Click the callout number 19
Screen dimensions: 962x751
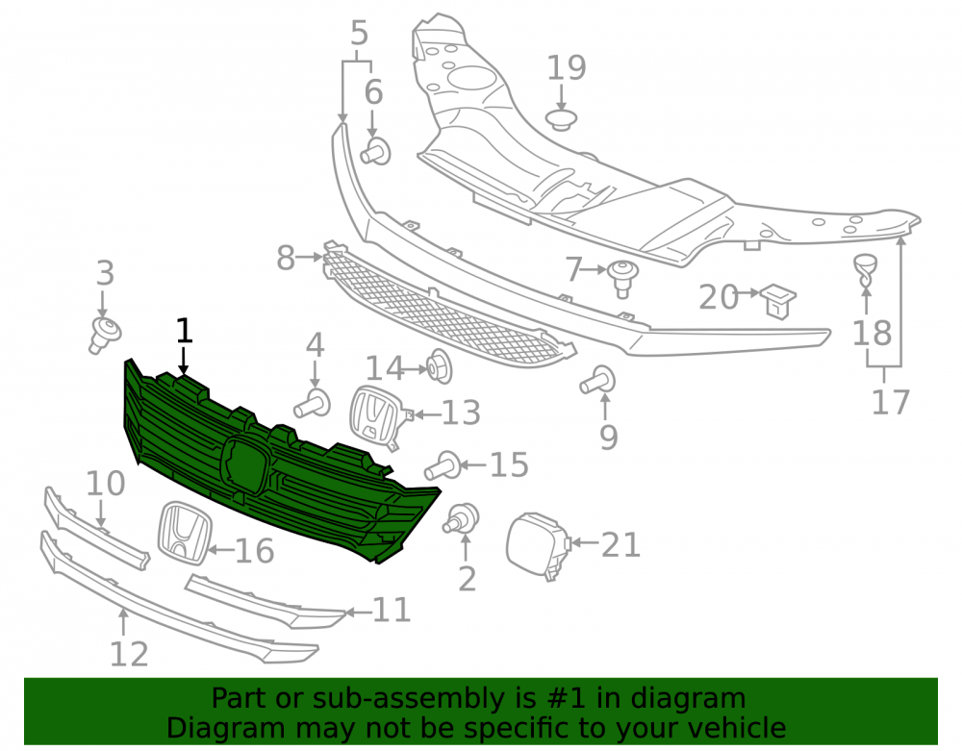[567, 67]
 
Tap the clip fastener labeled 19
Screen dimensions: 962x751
[561, 119]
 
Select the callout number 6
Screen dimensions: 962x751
[373, 92]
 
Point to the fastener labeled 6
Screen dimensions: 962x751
[375, 151]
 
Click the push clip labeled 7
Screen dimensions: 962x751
[622, 278]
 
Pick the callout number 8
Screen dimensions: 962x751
[286, 258]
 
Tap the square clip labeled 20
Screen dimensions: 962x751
[778, 301]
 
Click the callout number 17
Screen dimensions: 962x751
[890, 403]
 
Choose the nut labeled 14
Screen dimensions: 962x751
[440, 366]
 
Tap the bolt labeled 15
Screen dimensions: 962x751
[443, 466]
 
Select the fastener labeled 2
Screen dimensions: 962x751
[461, 518]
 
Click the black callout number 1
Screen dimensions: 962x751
[184, 331]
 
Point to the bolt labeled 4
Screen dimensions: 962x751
[313, 404]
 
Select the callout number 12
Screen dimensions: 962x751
[129, 654]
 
